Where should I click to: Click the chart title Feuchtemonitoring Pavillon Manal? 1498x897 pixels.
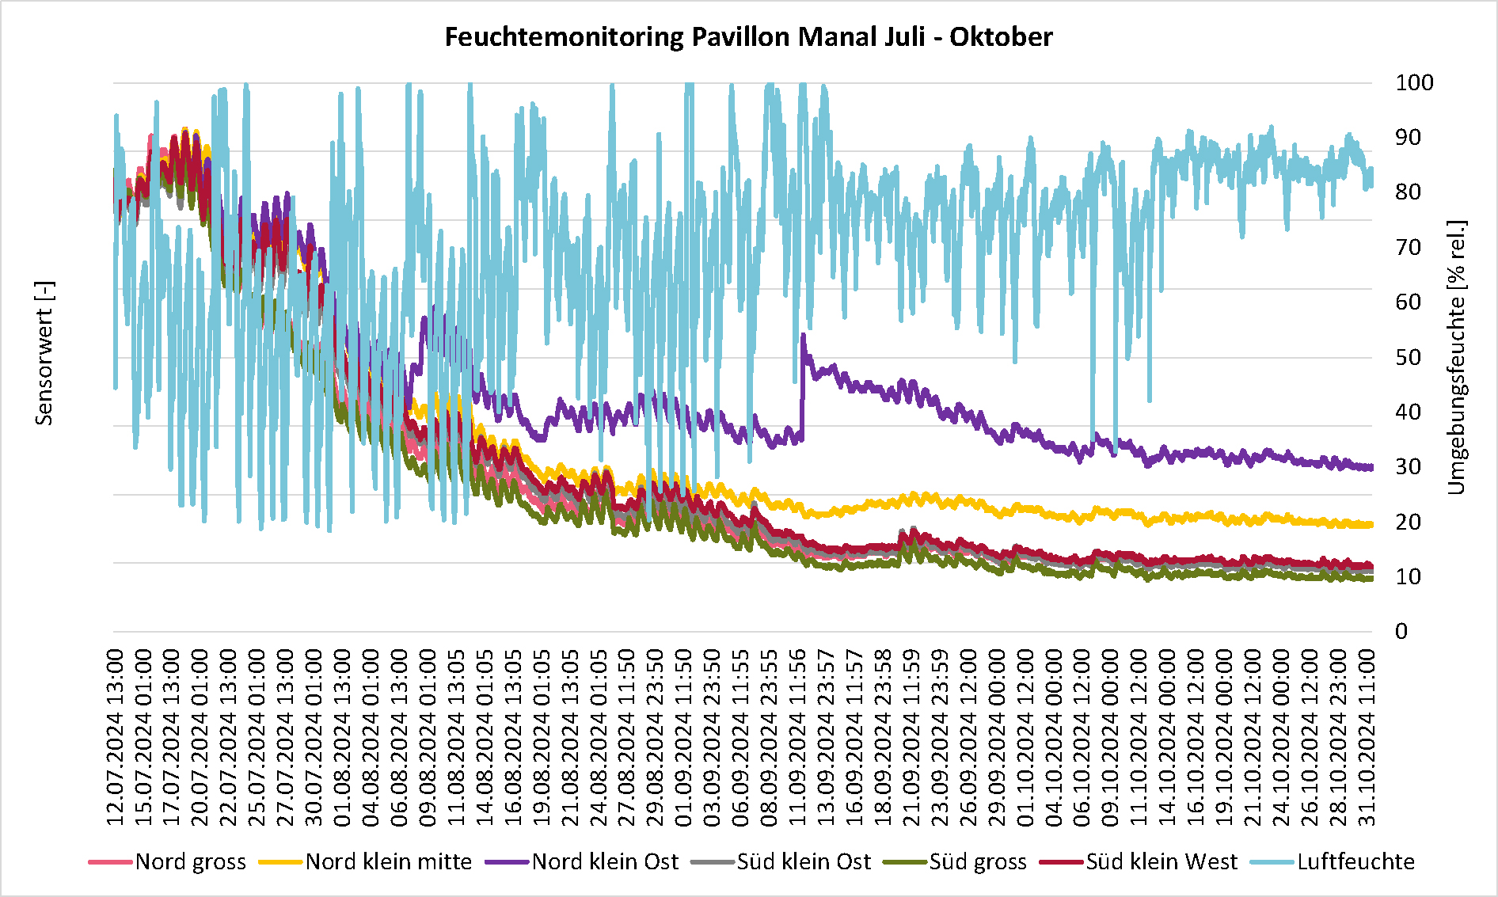click(748, 37)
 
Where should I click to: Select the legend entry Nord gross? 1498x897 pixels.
click(190, 861)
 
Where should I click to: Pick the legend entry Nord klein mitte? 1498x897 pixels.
click(388, 861)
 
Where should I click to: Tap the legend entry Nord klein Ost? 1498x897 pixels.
click(605, 861)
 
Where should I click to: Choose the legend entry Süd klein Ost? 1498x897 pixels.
click(804, 861)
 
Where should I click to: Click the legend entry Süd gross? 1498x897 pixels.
click(978, 861)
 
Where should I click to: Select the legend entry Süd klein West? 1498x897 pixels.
click(1162, 861)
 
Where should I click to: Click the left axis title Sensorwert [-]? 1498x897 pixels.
click(44, 353)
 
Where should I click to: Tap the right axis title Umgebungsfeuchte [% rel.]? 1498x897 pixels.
click(1457, 357)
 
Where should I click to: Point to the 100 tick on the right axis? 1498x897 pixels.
click(1413, 83)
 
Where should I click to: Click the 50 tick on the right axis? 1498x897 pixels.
click(1408, 357)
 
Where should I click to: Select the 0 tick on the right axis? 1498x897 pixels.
click(1401, 632)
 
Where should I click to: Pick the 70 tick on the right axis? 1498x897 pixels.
click(1408, 248)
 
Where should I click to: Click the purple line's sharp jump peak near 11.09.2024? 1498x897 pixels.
click(803, 336)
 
